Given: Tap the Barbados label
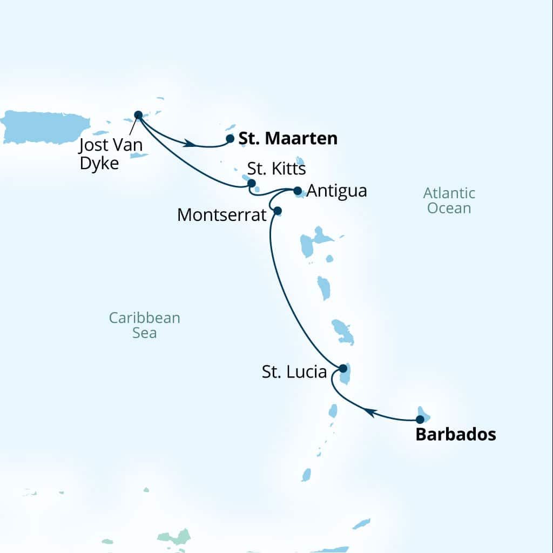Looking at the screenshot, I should [x=455, y=435].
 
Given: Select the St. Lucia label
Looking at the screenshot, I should [x=294, y=372].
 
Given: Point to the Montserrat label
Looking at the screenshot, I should [x=222, y=215].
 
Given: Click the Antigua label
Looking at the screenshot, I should [x=337, y=191].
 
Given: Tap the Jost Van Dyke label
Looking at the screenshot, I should [x=111, y=154].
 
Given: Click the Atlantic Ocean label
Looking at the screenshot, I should [x=449, y=200].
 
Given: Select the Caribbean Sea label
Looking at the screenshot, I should [x=144, y=325].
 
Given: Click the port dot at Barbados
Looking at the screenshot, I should [x=420, y=419].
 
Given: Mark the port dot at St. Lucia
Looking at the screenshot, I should [x=342, y=368].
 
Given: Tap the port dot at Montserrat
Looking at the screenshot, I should [x=278, y=211].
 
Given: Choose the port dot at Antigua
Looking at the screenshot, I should [x=297, y=191].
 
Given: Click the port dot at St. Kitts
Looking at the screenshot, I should [x=251, y=183].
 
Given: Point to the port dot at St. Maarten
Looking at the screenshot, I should [x=230, y=139].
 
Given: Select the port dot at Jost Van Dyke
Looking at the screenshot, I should [x=138, y=114].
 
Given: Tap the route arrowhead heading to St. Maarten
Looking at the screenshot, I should [x=189, y=144].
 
